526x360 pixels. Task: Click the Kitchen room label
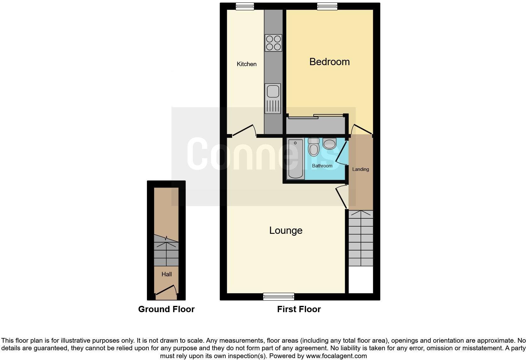point(246,64)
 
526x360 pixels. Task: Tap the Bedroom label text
point(329,62)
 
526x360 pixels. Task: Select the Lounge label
point(286,230)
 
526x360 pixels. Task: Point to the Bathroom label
point(322,166)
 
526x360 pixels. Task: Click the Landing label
point(360,169)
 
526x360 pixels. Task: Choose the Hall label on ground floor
point(166,274)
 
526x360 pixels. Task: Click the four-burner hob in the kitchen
point(273,43)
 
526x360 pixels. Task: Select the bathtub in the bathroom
point(295,159)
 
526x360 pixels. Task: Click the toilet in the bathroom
point(314,147)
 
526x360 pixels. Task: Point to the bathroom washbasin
point(329,144)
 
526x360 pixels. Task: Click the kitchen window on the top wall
point(245,6)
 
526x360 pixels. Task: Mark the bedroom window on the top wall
point(327,6)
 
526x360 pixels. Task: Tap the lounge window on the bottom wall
point(278,296)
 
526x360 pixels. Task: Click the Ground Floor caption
point(166,309)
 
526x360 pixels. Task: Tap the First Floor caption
point(299,309)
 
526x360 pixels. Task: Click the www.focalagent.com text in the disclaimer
point(336,356)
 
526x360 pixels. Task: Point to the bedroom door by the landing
point(362,129)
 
